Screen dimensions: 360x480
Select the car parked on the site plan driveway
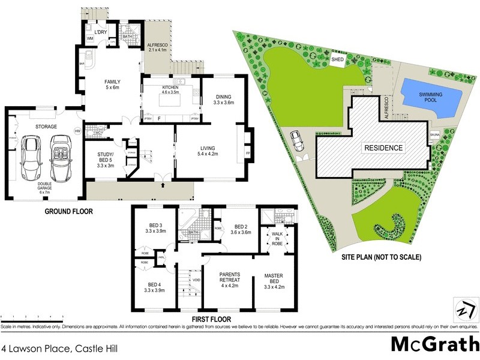coord(296,142)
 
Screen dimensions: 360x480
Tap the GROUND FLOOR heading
coord(67,212)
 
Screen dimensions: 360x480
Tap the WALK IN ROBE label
coord(277,238)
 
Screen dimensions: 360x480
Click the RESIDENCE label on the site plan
coord(382,147)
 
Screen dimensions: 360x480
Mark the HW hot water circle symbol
coord(77,131)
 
